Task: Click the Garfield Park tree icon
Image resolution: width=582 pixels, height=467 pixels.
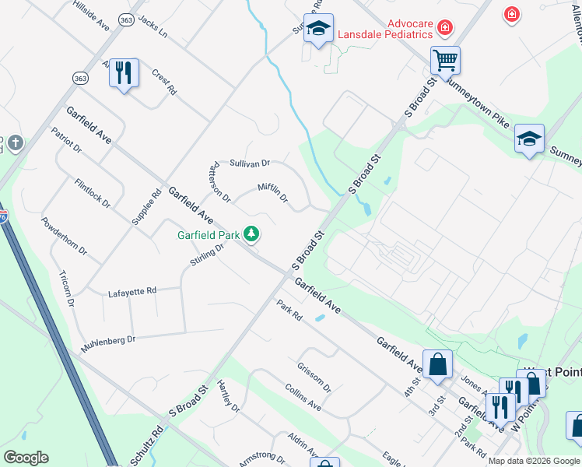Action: point(251,233)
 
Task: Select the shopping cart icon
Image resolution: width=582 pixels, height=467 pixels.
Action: point(445,59)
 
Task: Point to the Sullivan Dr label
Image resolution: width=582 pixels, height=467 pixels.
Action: point(249,163)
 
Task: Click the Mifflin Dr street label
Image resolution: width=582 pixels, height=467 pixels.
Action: point(273,192)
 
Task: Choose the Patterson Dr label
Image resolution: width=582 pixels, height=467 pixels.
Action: point(219,182)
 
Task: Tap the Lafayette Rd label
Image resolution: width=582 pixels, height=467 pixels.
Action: point(132,291)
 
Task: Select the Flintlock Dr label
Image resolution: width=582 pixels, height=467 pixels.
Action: point(93,193)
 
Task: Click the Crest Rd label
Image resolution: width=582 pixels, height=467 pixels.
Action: point(164,82)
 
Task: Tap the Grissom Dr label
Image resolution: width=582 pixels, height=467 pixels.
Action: point(314,377)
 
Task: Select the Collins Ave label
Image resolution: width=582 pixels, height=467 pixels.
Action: point(303,397)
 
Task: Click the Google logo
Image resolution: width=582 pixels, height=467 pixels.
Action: point(26,458)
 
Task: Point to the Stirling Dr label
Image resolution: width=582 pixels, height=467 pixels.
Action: point(208,254)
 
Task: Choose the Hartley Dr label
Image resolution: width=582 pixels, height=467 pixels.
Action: point(229,396)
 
